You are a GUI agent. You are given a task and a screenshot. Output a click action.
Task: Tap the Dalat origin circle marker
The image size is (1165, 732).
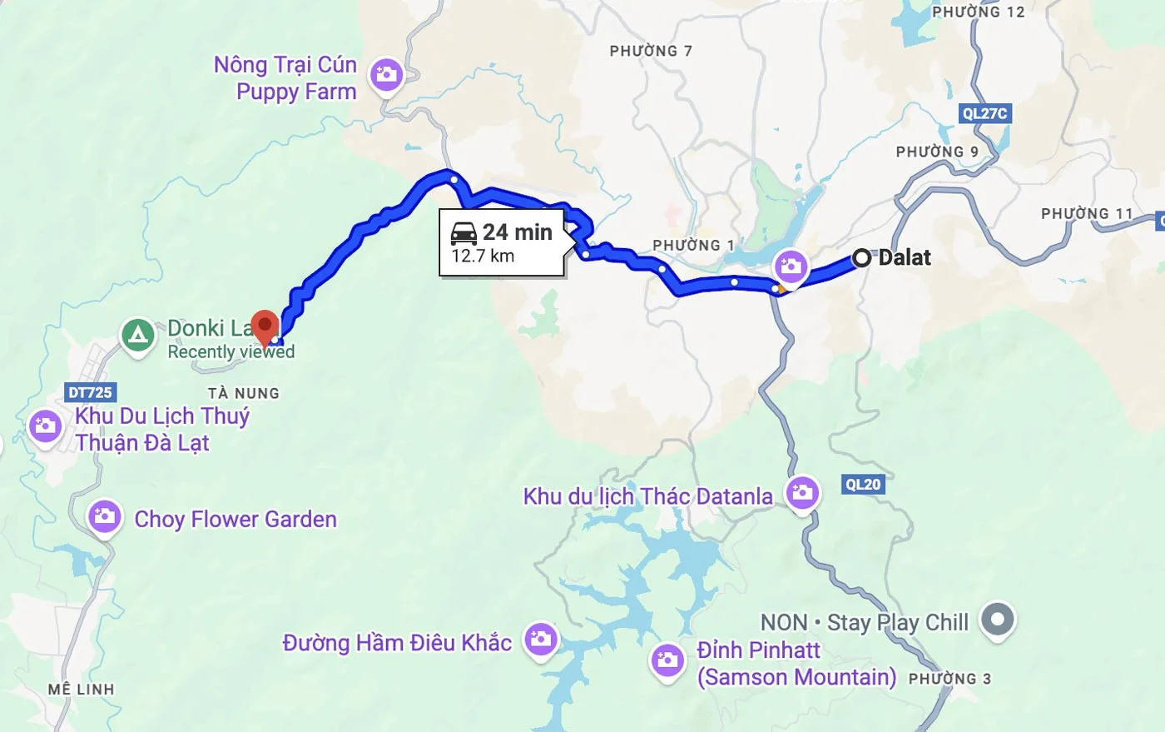[862, 258]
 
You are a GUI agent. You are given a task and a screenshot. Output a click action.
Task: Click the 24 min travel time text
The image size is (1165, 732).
[517, 232]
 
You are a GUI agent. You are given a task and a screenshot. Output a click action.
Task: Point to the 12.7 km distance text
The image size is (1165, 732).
[483, 256]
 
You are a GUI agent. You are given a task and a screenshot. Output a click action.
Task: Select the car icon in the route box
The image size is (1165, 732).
[464, 232]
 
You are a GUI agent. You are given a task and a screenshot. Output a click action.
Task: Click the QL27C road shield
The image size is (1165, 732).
[984, 113]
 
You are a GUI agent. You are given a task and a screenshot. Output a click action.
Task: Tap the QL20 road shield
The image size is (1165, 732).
[863, 485]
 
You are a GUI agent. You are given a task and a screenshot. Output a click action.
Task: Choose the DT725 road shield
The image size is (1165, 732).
[91, 392]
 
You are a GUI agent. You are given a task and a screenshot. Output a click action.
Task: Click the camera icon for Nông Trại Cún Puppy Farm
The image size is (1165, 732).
[385, 75]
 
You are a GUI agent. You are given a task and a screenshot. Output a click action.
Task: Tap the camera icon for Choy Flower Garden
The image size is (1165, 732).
[105, 516]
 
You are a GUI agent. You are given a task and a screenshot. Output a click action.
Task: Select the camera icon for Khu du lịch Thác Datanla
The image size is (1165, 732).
[802, 492]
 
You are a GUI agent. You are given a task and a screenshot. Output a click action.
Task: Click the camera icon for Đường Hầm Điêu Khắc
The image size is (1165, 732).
[541, 640]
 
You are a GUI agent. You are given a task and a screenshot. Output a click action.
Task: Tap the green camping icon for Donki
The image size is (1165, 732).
[138, 336]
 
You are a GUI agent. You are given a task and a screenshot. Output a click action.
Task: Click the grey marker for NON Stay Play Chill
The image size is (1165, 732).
[997, 620]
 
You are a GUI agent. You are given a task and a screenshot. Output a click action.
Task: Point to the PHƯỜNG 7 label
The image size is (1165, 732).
[651, 51]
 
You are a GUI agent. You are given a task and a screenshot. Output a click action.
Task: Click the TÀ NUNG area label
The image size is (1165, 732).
[244, 393]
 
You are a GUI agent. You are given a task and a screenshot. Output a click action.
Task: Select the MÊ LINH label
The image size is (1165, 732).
[81, 690]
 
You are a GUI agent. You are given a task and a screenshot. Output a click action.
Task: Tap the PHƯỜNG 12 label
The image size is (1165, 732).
[978, 12]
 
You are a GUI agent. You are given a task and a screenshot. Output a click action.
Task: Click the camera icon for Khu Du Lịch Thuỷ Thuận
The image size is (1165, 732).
[45, 426]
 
